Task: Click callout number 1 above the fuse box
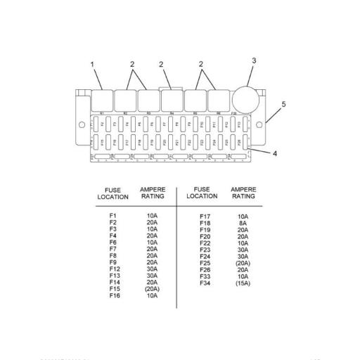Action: [x=92, y=65]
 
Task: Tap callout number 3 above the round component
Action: [x=254, y=60]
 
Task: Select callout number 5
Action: [x=284, y=104]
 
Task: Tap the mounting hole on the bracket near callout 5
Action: [x=267, y=125]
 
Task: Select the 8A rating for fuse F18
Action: [x=243, y=223]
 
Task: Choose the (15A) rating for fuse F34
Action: [x=243, y=283]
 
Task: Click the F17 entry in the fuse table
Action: [x=205, y=217]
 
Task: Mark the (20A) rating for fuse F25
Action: [x=243, y=263]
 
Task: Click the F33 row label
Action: [x=205, y=276]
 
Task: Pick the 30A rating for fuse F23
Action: [x=243, y=250]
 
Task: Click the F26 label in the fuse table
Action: [x=205, y=270]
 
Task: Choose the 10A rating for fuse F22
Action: [x=243, y=243]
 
